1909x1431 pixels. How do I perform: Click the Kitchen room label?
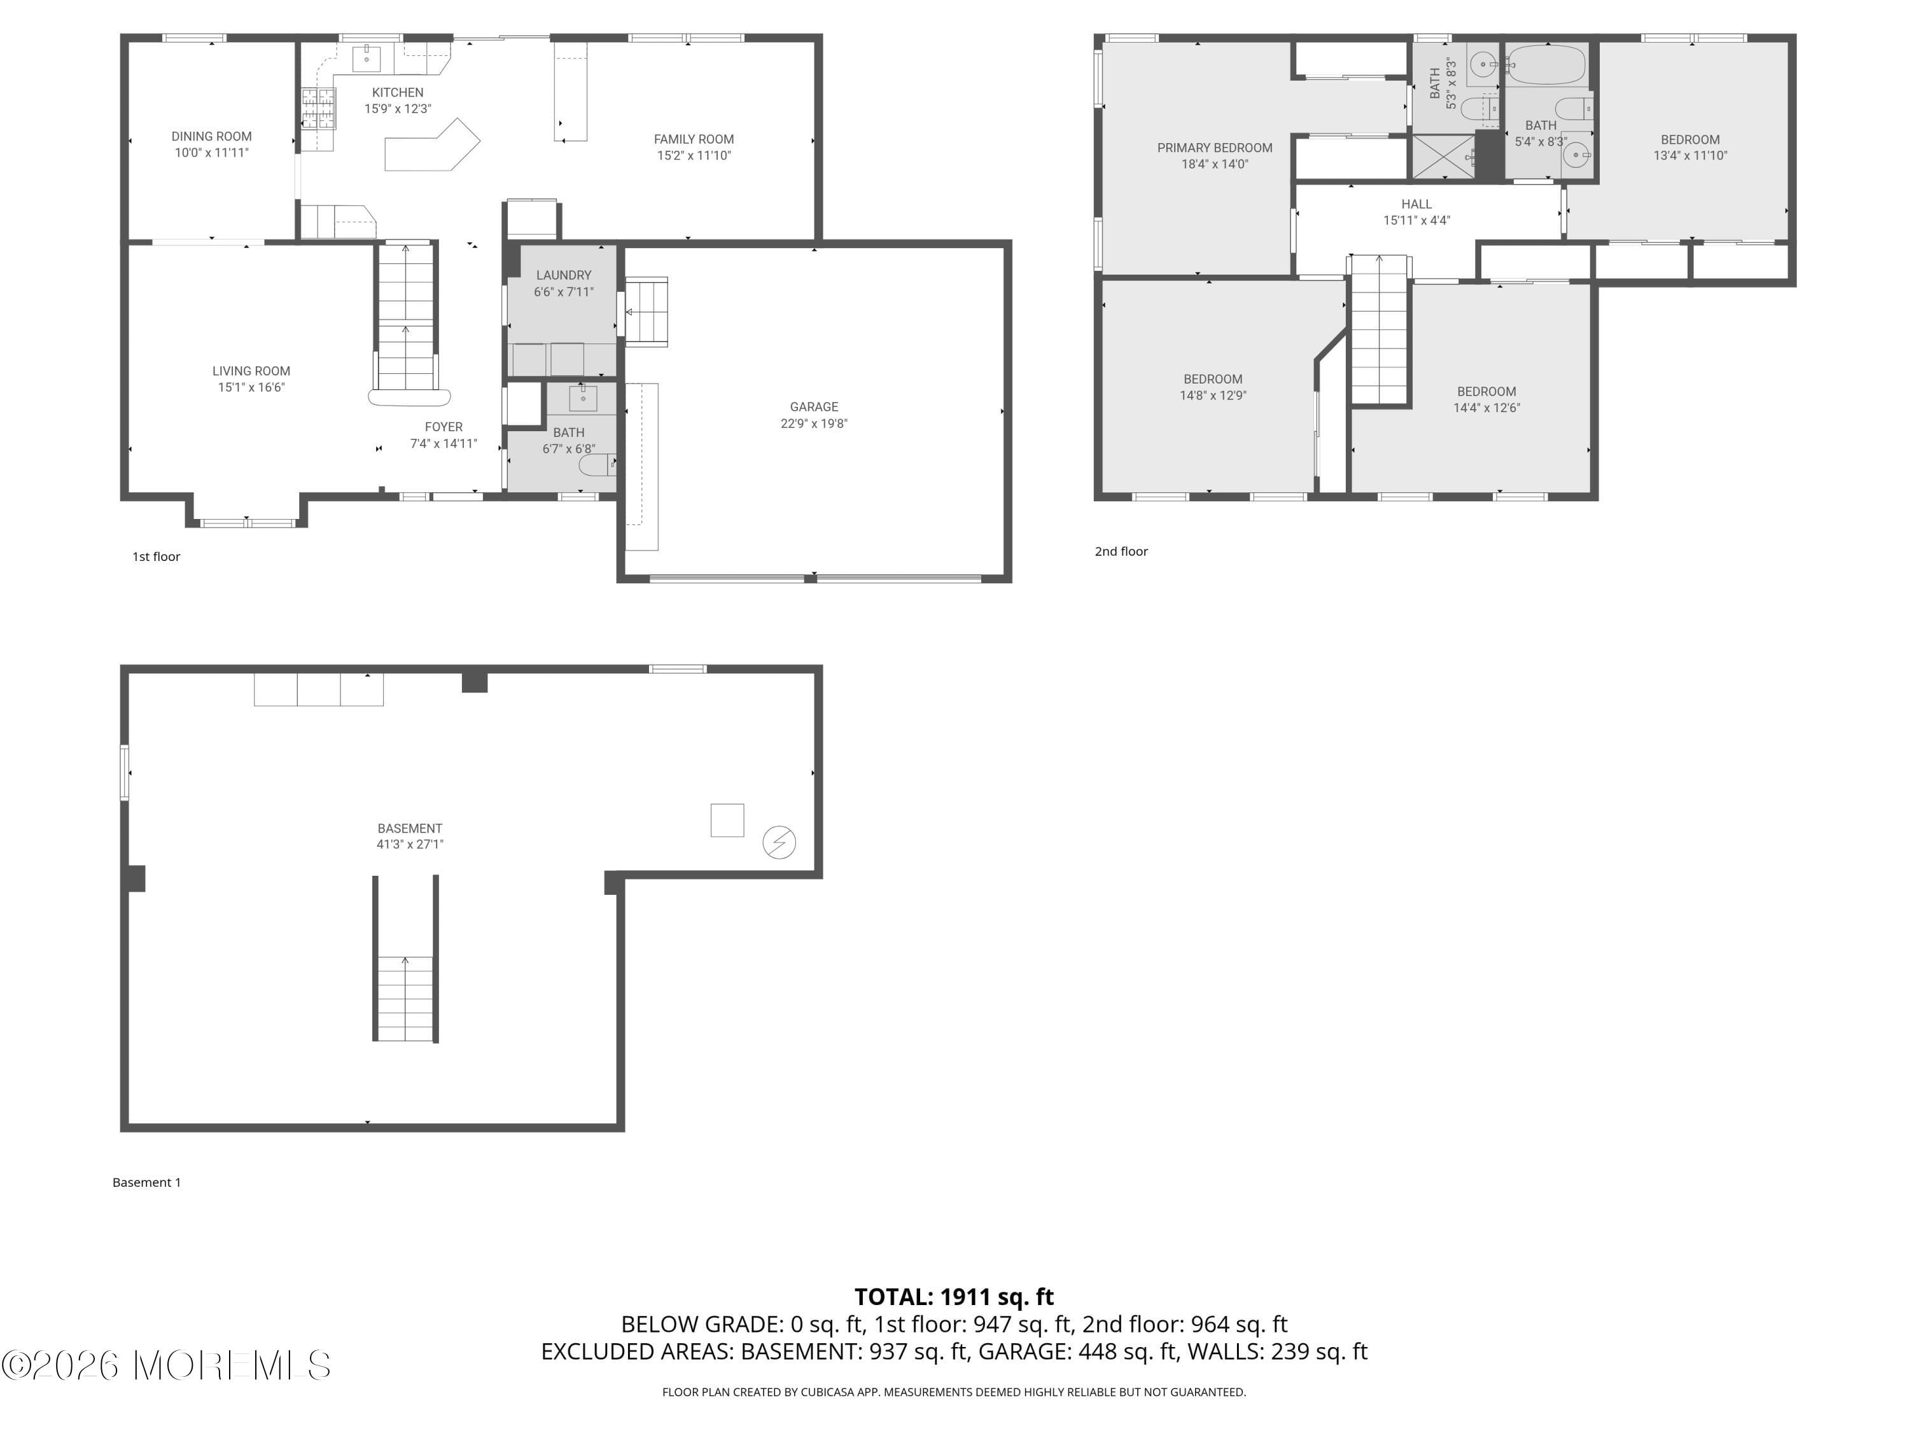397,92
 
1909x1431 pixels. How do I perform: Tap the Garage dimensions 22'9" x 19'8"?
813,424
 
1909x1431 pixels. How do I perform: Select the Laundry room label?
564,275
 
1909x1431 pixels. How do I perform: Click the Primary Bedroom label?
1214,148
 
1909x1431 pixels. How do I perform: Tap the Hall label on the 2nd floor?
1416,204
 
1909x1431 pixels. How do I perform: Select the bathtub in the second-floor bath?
1546,65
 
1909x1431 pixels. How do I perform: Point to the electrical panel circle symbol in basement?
778,842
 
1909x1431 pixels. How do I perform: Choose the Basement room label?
409,828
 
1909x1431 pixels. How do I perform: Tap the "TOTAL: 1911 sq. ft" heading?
954,1296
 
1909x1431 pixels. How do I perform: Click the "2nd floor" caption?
1121,551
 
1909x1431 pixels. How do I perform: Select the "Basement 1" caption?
147,1182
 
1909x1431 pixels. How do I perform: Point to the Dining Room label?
211,136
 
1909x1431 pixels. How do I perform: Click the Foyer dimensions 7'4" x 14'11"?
443,443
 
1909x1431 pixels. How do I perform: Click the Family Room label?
693,139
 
